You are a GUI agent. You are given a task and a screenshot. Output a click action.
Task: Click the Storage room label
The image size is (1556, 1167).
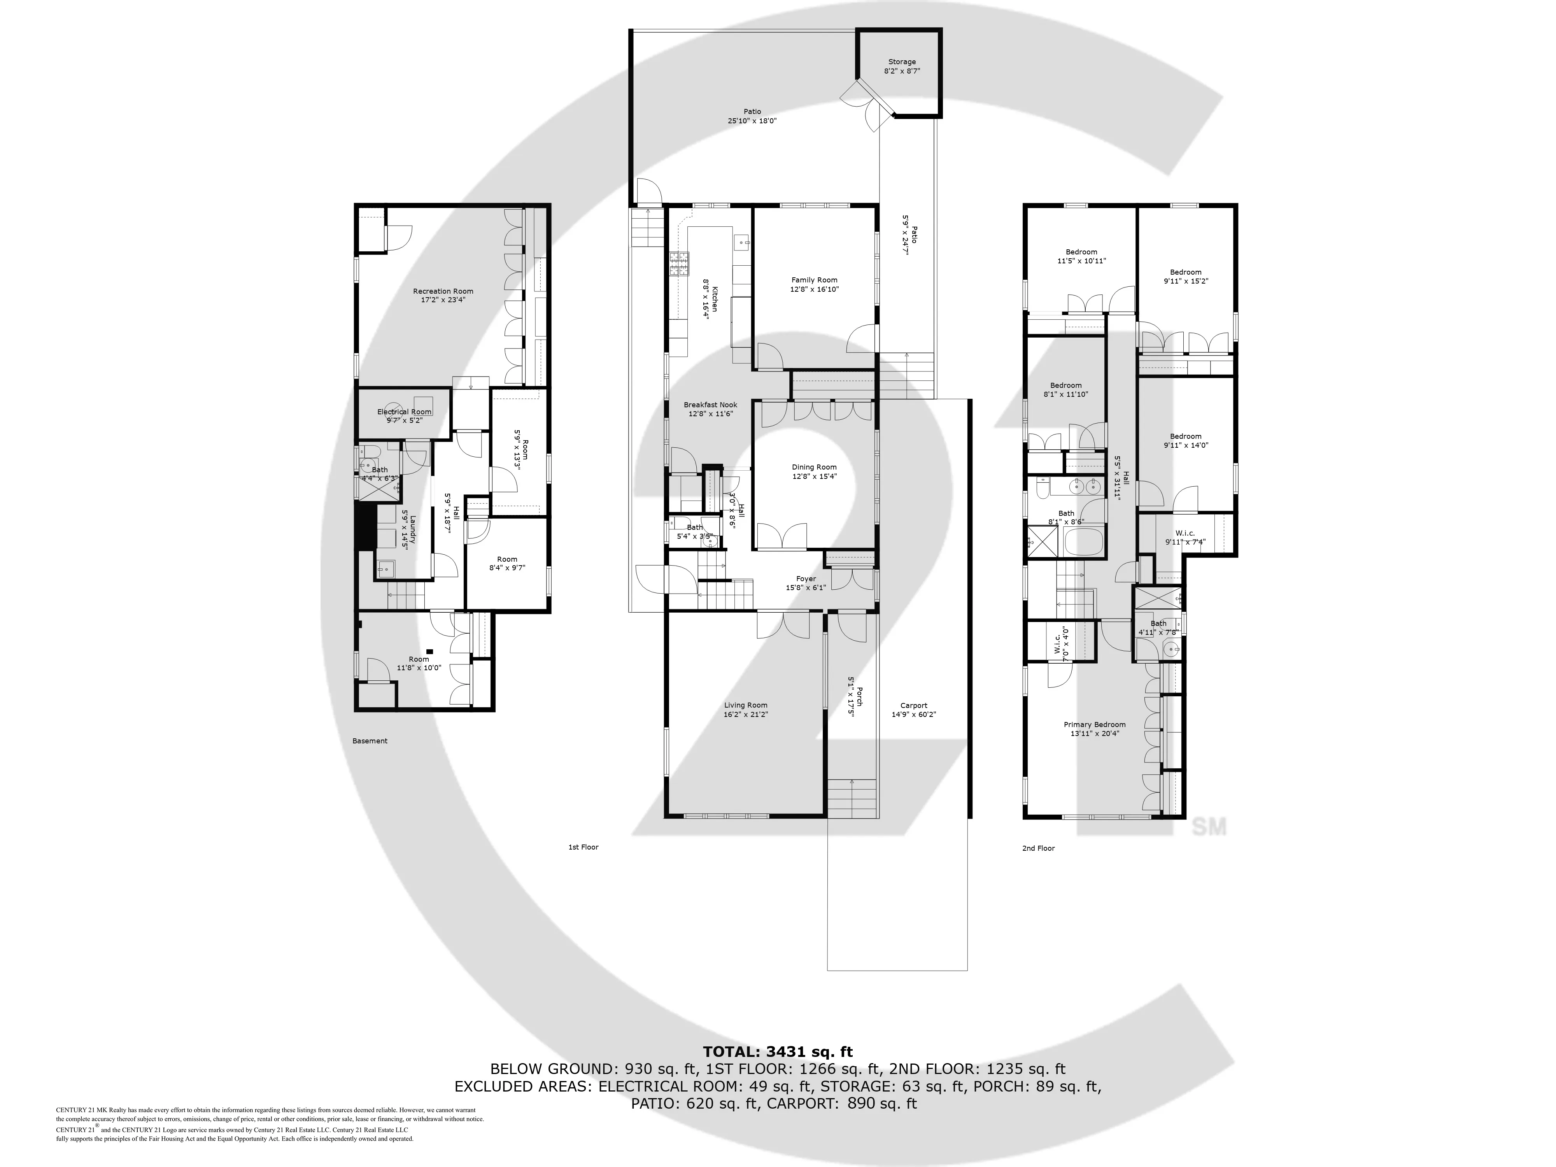[x=902, y=62]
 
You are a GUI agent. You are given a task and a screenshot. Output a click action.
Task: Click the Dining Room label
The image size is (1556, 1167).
[x=814, y=467]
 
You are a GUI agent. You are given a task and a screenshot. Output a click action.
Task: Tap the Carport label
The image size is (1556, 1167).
[x=914, y=706]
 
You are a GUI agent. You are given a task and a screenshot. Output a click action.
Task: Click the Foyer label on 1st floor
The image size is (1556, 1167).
[x=806, y=579]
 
